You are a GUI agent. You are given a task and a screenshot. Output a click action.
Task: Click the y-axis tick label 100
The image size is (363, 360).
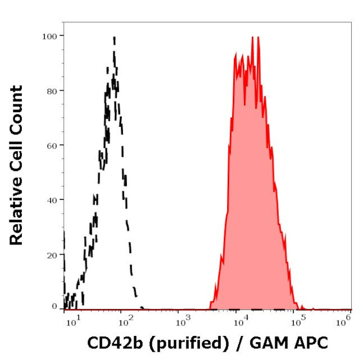point(49,36)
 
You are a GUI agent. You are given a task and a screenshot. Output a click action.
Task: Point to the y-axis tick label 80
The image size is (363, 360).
point(51,90)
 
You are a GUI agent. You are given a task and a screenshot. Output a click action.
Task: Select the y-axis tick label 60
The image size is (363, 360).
point(51,145)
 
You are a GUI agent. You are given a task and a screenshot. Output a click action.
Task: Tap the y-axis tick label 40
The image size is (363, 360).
point(51,199)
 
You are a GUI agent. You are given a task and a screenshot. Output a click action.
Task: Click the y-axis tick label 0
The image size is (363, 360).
point(54,307)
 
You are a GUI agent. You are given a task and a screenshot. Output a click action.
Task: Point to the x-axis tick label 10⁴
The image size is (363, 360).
point(240,320)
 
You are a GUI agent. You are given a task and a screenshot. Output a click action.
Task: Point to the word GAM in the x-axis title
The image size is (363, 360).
point(271,344)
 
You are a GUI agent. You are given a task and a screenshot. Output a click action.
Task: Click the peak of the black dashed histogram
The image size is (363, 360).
point(114,38)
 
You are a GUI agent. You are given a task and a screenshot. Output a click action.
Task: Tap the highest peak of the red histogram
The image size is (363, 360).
point(252,37)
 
